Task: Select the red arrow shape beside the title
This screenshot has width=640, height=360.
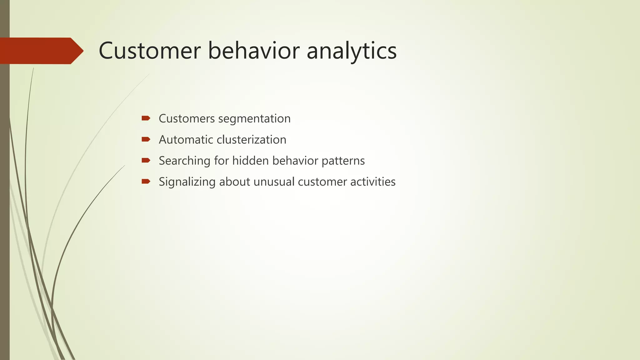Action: tap(41, 51)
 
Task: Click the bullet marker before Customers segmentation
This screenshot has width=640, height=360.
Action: tap(146, 118)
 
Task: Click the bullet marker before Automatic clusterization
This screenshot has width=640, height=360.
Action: tap(146, 139)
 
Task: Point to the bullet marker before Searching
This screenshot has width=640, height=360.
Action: tap(146, 160)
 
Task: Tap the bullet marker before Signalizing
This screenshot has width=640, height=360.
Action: tap(146, 181)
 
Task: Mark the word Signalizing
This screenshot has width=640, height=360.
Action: tap(187, 182)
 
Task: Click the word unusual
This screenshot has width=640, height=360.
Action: tap(274, 182)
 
